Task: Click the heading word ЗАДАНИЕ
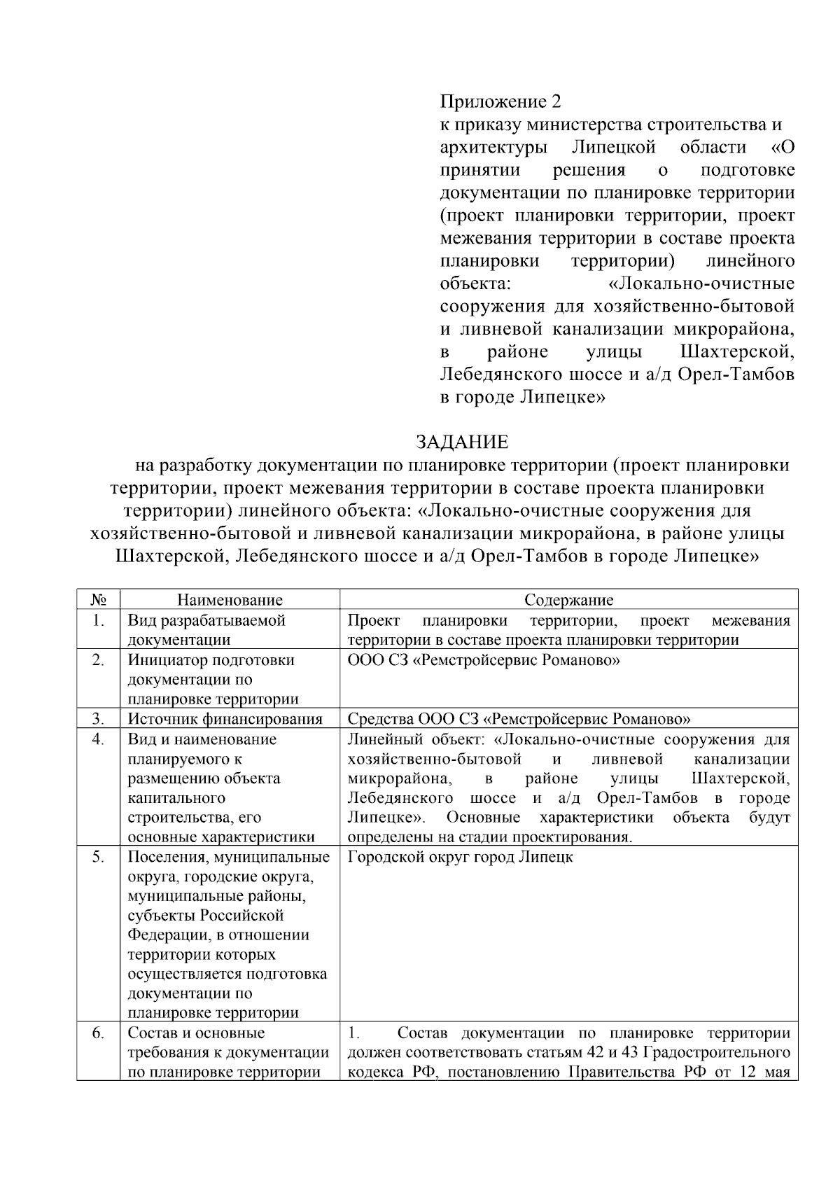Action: (462, 442)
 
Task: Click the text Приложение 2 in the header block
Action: (500, 102)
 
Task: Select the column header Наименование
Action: (230, 600)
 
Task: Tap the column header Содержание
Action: (568, 600)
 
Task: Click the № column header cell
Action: (99, 600)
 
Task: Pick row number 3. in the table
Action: (99, 718)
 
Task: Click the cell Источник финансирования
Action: (225, 718)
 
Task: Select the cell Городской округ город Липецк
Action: (460, 857)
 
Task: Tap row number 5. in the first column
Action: (99, 857)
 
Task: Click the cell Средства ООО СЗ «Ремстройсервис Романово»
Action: (519, 718)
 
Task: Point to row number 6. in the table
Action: (99, 1033)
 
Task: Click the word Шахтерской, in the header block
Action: (736, 351)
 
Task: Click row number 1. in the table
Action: (99, 621)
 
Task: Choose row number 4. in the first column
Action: (99, 739)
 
